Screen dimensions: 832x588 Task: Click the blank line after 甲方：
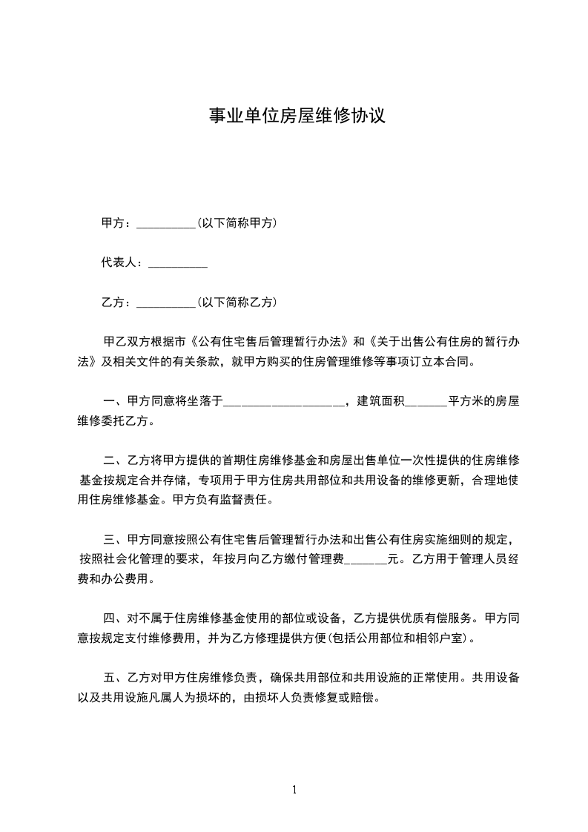[x=166, y=224]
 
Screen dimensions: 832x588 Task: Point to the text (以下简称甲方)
[x=237, y=222]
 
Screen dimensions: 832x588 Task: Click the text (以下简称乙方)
[x=237, y=303]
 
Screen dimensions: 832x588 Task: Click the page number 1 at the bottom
[x=294, y=790]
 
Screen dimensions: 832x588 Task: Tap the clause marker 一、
[x=114, y=402]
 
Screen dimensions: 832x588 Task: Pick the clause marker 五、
[x=114, y=678]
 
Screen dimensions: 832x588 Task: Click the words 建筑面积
[x=380, y=402]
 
